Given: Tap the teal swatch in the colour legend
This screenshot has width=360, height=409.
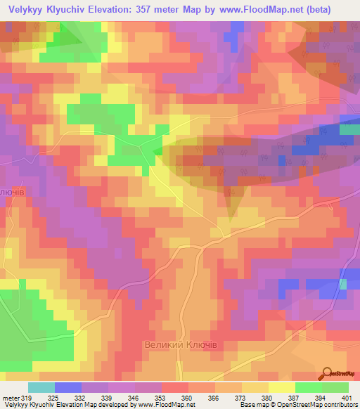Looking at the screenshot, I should click(x=41, y=387).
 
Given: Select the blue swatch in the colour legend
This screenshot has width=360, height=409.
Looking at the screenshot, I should click(x=67, y=387).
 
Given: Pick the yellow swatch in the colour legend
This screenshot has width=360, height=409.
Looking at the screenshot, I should click(x=281, y=387).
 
